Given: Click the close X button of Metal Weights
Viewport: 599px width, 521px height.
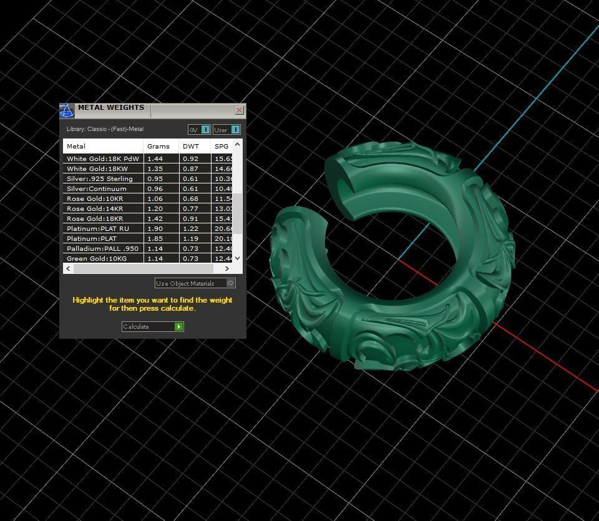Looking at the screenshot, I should (239, 110).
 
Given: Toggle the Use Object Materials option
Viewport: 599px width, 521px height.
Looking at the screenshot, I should (230, 283).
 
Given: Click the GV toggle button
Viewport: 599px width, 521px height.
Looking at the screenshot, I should (205, 130).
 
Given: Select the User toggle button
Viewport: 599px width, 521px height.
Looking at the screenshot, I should (235, 130).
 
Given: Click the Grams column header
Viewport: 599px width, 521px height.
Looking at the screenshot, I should (158, 146).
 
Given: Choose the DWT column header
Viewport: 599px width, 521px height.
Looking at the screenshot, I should (191, 146).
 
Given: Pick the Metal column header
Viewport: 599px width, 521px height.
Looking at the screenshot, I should (76, 146).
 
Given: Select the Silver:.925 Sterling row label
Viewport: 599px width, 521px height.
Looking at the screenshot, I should (100, 178).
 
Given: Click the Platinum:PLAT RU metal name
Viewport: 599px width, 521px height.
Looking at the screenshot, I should (98, 228).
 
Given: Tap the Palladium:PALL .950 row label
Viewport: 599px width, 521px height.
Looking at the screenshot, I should (102, 248).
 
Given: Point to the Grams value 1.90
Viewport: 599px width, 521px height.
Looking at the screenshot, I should (154, 228).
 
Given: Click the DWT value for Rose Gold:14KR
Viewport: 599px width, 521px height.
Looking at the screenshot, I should (190, 208).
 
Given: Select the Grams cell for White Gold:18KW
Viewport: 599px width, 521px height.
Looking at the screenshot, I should (154, 168).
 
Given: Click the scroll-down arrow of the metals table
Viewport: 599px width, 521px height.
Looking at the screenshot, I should (237, 258).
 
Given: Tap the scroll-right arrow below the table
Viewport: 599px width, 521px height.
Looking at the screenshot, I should (226, 268).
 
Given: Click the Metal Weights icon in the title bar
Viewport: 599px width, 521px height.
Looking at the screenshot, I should (67, 111).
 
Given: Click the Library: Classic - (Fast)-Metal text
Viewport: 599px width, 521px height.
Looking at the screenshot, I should (105, 129).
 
